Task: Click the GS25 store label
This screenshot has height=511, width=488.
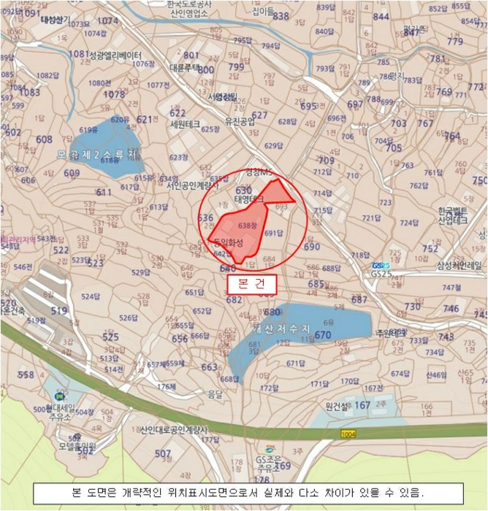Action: [x=381, y=266]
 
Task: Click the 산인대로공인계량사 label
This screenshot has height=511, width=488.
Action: [x=173, y=429]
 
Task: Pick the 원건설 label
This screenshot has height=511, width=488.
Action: [x=339, y=405]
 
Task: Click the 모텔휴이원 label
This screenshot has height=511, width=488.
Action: [x=78, y=446]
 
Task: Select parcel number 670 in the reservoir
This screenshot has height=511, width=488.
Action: [x=323, y=336]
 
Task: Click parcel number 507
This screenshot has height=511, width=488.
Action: [x=163, y=454]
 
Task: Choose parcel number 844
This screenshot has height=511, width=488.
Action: [x=381, y=16]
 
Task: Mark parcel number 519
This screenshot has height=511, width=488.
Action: [x=58, y=310]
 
